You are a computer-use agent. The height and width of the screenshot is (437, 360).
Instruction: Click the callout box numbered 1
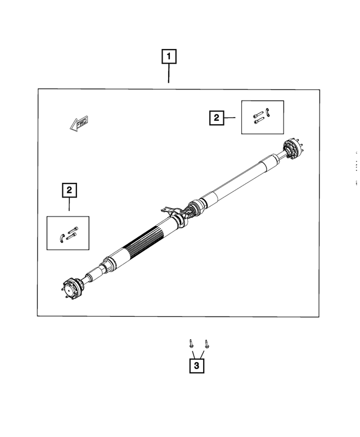click(169, 56)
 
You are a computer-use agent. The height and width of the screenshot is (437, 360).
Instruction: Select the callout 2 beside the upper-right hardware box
click(216, 118)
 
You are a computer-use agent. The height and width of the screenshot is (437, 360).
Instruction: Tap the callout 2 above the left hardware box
click(69, 190)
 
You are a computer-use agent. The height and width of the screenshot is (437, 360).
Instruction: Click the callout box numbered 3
click(196, 366)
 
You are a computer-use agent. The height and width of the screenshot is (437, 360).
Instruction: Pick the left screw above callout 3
click(191, 343)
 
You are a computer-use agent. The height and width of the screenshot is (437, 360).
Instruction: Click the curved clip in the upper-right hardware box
click(269, 112)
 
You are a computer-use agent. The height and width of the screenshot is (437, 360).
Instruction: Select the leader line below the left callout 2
click(69, 204)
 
